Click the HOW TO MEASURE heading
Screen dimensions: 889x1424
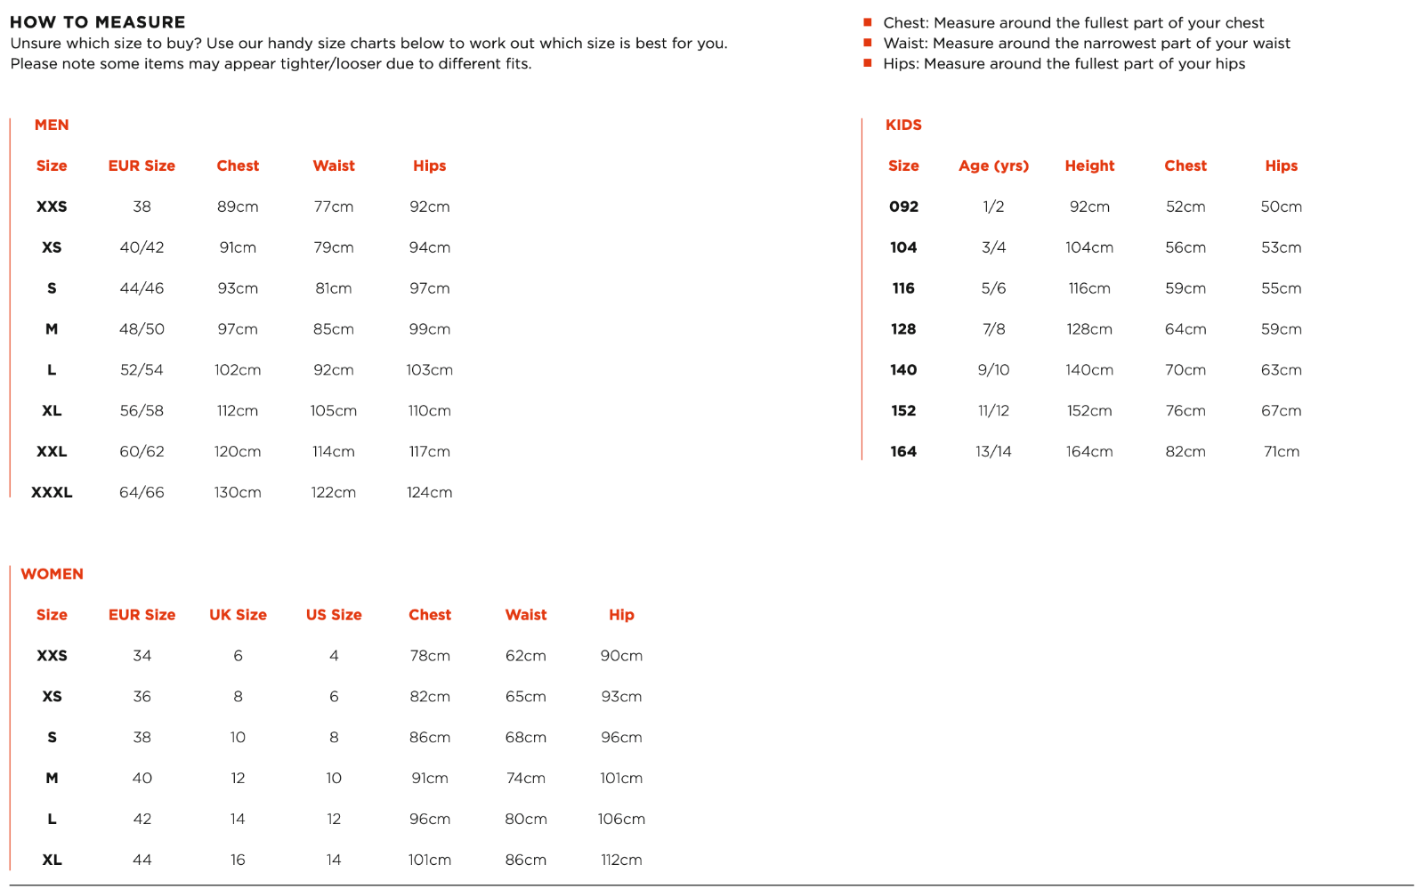[x=98, y=22]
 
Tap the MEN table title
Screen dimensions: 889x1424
[x=52, y=125]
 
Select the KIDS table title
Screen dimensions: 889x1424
[x=903, y=125]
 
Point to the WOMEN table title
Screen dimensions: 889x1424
[x=53, y=574]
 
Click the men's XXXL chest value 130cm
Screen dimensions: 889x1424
[x=238, y=492]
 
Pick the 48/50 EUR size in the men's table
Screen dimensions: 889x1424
[x=142, y=329]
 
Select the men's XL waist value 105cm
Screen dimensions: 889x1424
[x=334, y=411]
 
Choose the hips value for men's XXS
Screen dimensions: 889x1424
[x=430, y=206]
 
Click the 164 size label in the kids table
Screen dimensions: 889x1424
[x=903, y=452]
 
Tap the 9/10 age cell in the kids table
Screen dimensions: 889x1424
[x=993, y=370]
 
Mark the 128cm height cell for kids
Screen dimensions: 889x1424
[x=1089, y=329]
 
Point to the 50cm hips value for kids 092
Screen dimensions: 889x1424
[x=1282, y=206]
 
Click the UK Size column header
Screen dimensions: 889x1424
[x=238, y=615]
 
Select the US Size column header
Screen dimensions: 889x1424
[x=334, y=615]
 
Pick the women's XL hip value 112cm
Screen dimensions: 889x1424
[x=621, y=860]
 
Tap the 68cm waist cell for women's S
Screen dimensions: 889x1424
[x=526, y=738]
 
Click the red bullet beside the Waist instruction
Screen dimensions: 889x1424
[x=868, y=43]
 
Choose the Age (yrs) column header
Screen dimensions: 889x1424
[x=993, y=166]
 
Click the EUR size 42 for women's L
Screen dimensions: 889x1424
[x=142, y=819]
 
